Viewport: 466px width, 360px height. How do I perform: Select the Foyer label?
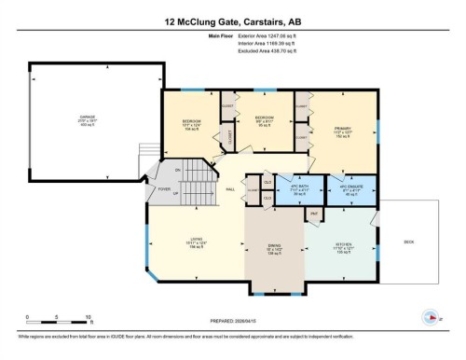pyautogui.click(x=164, y=188)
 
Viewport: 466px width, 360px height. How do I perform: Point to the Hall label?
pyautogui.click(x=229, y=189)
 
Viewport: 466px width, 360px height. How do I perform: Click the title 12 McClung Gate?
pyautogui.click(x=233, y=18)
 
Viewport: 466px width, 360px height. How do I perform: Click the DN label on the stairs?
pyautogui.click(x=177, y=171)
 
